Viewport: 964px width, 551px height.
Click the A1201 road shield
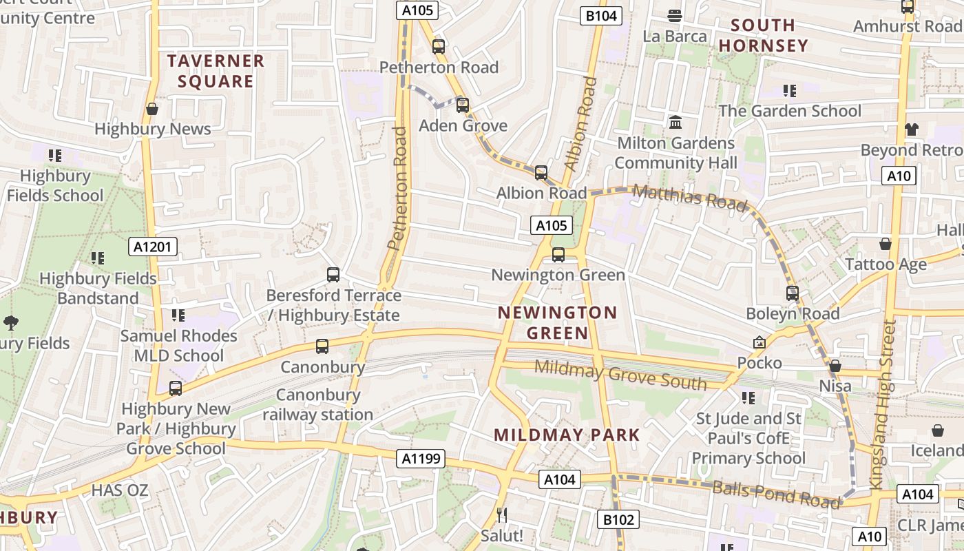pyautogui.click(x=153, y=247)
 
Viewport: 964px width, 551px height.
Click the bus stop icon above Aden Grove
pyautogui.click(x=463, y=105)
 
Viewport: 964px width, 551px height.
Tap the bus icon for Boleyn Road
pyautogui.click(x=793, y=293)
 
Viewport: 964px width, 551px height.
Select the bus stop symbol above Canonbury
pyautogui.click(x=322, y=346)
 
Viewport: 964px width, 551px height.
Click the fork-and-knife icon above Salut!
pyautogui.click(x=502, y=514)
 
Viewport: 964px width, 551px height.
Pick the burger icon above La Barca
pyautogui.click(x=675, y=16)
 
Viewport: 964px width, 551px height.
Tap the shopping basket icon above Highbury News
pyautogui.click(x=152, y=109)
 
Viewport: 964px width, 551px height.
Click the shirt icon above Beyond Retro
pyautogui.click(x=912, y=129)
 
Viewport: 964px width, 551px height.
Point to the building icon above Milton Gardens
pyautogui.click(x=675, y=123)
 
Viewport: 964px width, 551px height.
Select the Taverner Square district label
pyautogui.click(x=216, y=71)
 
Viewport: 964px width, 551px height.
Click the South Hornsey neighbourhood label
pyautogui.click(x=762, y=36)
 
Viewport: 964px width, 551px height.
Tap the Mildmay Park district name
pyautogui.click(x=567, y=435)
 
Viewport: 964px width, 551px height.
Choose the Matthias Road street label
pyautogui.click(x=689, y=198)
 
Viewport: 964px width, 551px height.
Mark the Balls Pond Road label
pyautogui.click(x=776, y=494)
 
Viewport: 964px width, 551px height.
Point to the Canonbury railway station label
pyautogui.click(x=317, y=405)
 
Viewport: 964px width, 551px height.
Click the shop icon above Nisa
pyautogui.click(x=835, y=366)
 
